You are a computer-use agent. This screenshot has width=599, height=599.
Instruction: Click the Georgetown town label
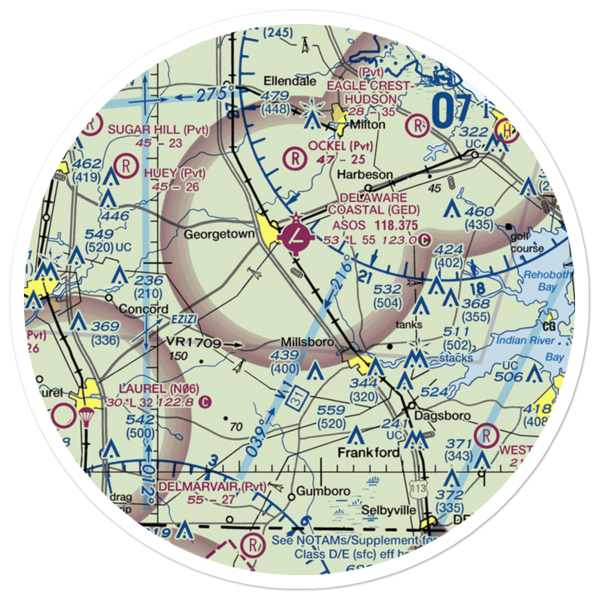tap(219, 234)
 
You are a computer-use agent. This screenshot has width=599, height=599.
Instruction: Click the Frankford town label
tap(368, 452)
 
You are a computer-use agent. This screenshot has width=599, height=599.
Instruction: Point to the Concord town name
tap(143, 309)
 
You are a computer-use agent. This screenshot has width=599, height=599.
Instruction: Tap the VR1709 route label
tap(193, 343)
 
